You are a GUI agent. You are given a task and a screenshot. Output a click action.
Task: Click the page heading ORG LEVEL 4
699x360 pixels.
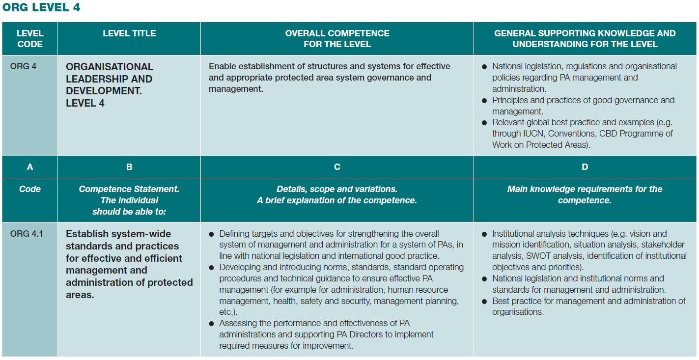click(41, 7)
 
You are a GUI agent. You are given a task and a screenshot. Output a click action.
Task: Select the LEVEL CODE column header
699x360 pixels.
click(30, 39)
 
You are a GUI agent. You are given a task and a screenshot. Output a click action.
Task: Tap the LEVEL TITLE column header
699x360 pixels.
click(129, 33)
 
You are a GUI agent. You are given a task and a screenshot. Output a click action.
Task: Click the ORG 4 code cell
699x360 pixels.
click(23, 66)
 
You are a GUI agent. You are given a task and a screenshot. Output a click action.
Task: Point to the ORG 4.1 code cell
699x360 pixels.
click(27, 234)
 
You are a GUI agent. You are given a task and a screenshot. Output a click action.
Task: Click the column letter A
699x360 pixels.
click(30, 167)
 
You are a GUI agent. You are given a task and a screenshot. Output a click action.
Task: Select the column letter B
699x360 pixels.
click(129, 167)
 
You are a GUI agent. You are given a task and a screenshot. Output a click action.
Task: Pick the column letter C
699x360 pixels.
click(337, 167)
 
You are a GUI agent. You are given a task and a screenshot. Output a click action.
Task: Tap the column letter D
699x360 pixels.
click(585, 167)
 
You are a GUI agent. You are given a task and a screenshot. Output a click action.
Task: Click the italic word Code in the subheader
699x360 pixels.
click(30, 189)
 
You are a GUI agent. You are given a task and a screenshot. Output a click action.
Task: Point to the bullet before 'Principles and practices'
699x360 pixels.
click(485, 101)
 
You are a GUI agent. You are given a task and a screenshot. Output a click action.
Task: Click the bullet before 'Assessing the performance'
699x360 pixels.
click(212, 324)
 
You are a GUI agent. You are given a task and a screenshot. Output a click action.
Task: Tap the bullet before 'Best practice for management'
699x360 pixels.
click(485, 301)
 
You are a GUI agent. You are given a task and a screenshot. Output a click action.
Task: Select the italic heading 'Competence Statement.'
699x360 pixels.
click(129, 189)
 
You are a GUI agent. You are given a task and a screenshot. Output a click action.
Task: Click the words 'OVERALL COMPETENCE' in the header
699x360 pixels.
click(337, 33)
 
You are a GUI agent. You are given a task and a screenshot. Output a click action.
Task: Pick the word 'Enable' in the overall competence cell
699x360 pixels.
click(222, 66)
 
